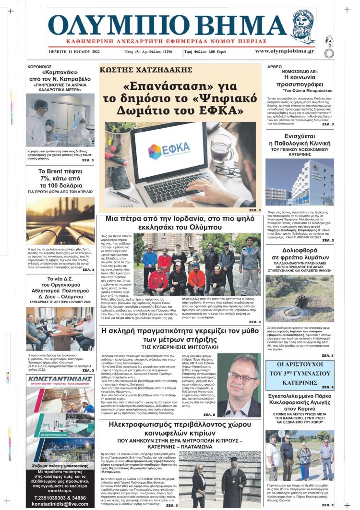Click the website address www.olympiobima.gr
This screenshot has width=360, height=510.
[x=284, y=51]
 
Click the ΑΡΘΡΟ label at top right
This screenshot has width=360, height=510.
[x=274, y=68]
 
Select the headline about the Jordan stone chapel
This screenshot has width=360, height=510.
[x=180, y=223]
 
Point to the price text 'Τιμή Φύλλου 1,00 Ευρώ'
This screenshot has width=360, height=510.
[x=220, y=51]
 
